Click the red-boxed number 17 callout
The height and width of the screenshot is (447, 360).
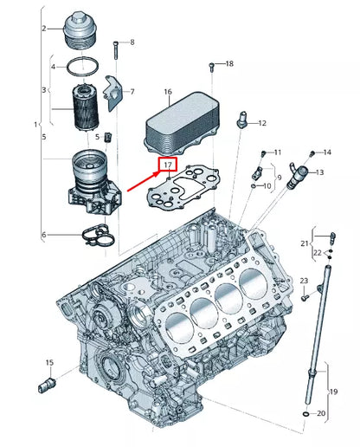click(165, 163)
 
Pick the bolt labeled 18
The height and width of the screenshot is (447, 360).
click(211, 67)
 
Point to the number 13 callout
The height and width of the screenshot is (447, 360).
click(318, 173)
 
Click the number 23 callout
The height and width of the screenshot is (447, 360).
click(305, 281)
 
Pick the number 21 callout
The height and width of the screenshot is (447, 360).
click(305, 243)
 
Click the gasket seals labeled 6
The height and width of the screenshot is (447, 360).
click(95, 232)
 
